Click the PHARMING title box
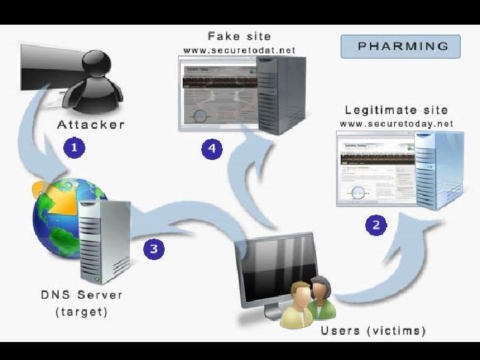pyautogui.click(x=400, y=46)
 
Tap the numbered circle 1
pyautogui.click(x=75, y=147)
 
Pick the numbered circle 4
pyautogui.click(x=212, y=148)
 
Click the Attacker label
pyautogui.click(x=91, y=125)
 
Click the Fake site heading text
pyautogui.click(x=239, y=35)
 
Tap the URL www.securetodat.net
pyautogui.click(x=239, y=50)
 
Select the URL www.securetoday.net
pyautogui.click(x=396, y=123)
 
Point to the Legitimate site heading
pyautogui.click(x=396, y=109)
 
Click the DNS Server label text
pyautogui.click(x=81, y=295)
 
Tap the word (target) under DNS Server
pyautogui.click(x=81, y=311)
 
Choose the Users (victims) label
pyautogui.click(x=373, y=331)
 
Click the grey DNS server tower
pyautogui.click(x=103, y=240)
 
